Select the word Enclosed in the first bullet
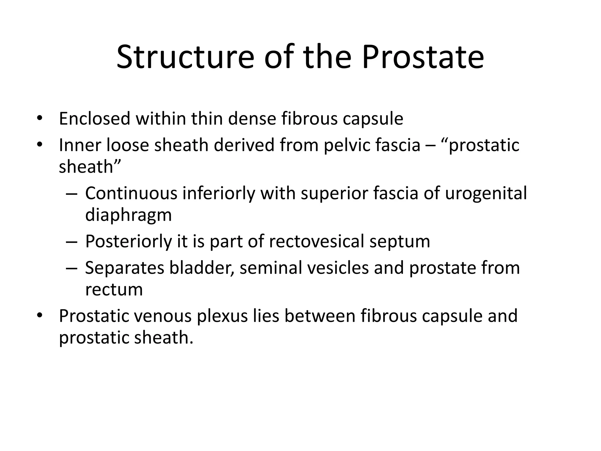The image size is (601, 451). pyautogui.click(x=94, y=119)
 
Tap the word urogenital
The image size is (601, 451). pyautogui.click(x=486, y=194)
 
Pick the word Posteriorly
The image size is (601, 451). pyautogui.click(x=128, y=242)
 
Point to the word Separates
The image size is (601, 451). pyautogui.click(x=124, y=268)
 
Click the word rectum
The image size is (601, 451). pyautogui.click(x=114, y=290)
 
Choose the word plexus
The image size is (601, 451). pyautogui.click(x=222, y=317)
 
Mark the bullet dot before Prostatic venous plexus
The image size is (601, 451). pyautogui.click(x=40, y=316)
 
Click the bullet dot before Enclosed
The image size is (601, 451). pyautogui.click(x=40, y=119)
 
